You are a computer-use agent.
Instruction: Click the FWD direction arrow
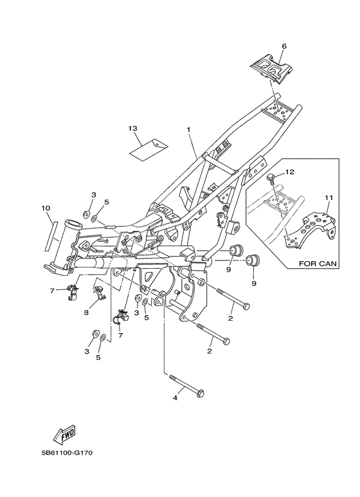(65, 434)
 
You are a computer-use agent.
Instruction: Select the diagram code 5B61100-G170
(67, 453)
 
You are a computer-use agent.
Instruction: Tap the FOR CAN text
(318, 264)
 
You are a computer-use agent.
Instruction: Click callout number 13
(133, 128)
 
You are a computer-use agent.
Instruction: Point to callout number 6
(284, 46)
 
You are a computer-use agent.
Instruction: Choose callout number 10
(46, 208)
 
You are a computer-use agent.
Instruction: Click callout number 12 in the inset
(290, 172)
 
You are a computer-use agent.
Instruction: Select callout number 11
(328, 197)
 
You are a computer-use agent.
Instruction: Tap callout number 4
(175, 397)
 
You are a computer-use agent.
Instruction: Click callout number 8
(86, 312)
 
